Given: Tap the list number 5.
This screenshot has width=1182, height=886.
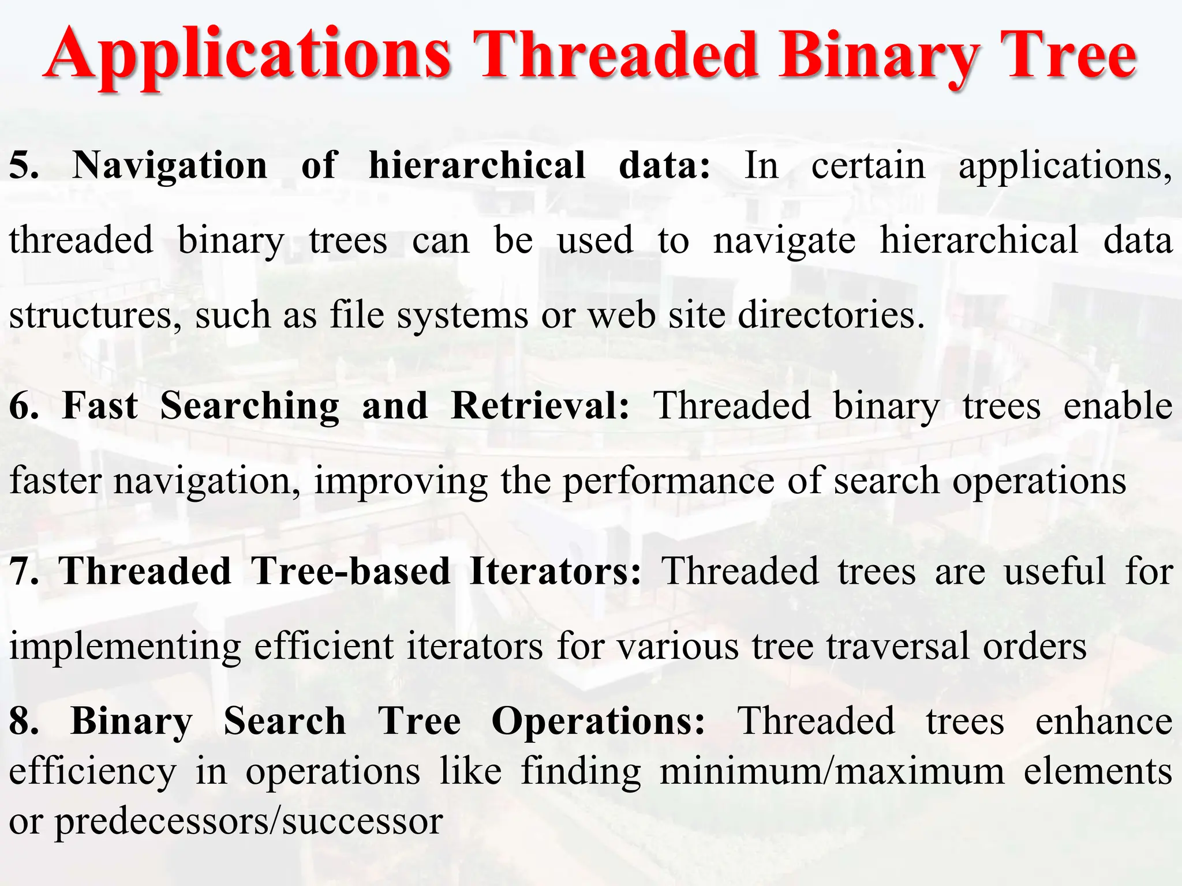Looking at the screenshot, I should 23,166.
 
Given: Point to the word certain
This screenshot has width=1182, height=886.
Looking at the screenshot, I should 868,166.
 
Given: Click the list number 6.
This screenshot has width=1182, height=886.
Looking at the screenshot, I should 23,406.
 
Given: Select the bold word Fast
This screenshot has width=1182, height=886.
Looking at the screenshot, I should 100,406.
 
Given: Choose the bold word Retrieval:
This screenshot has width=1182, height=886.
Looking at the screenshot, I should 540,406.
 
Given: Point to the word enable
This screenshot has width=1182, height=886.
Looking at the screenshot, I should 1117,406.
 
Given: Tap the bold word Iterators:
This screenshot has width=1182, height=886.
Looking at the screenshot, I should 555,571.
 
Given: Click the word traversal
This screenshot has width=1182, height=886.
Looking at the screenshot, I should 897,646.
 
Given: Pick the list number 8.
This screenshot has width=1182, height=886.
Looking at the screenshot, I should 23,721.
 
